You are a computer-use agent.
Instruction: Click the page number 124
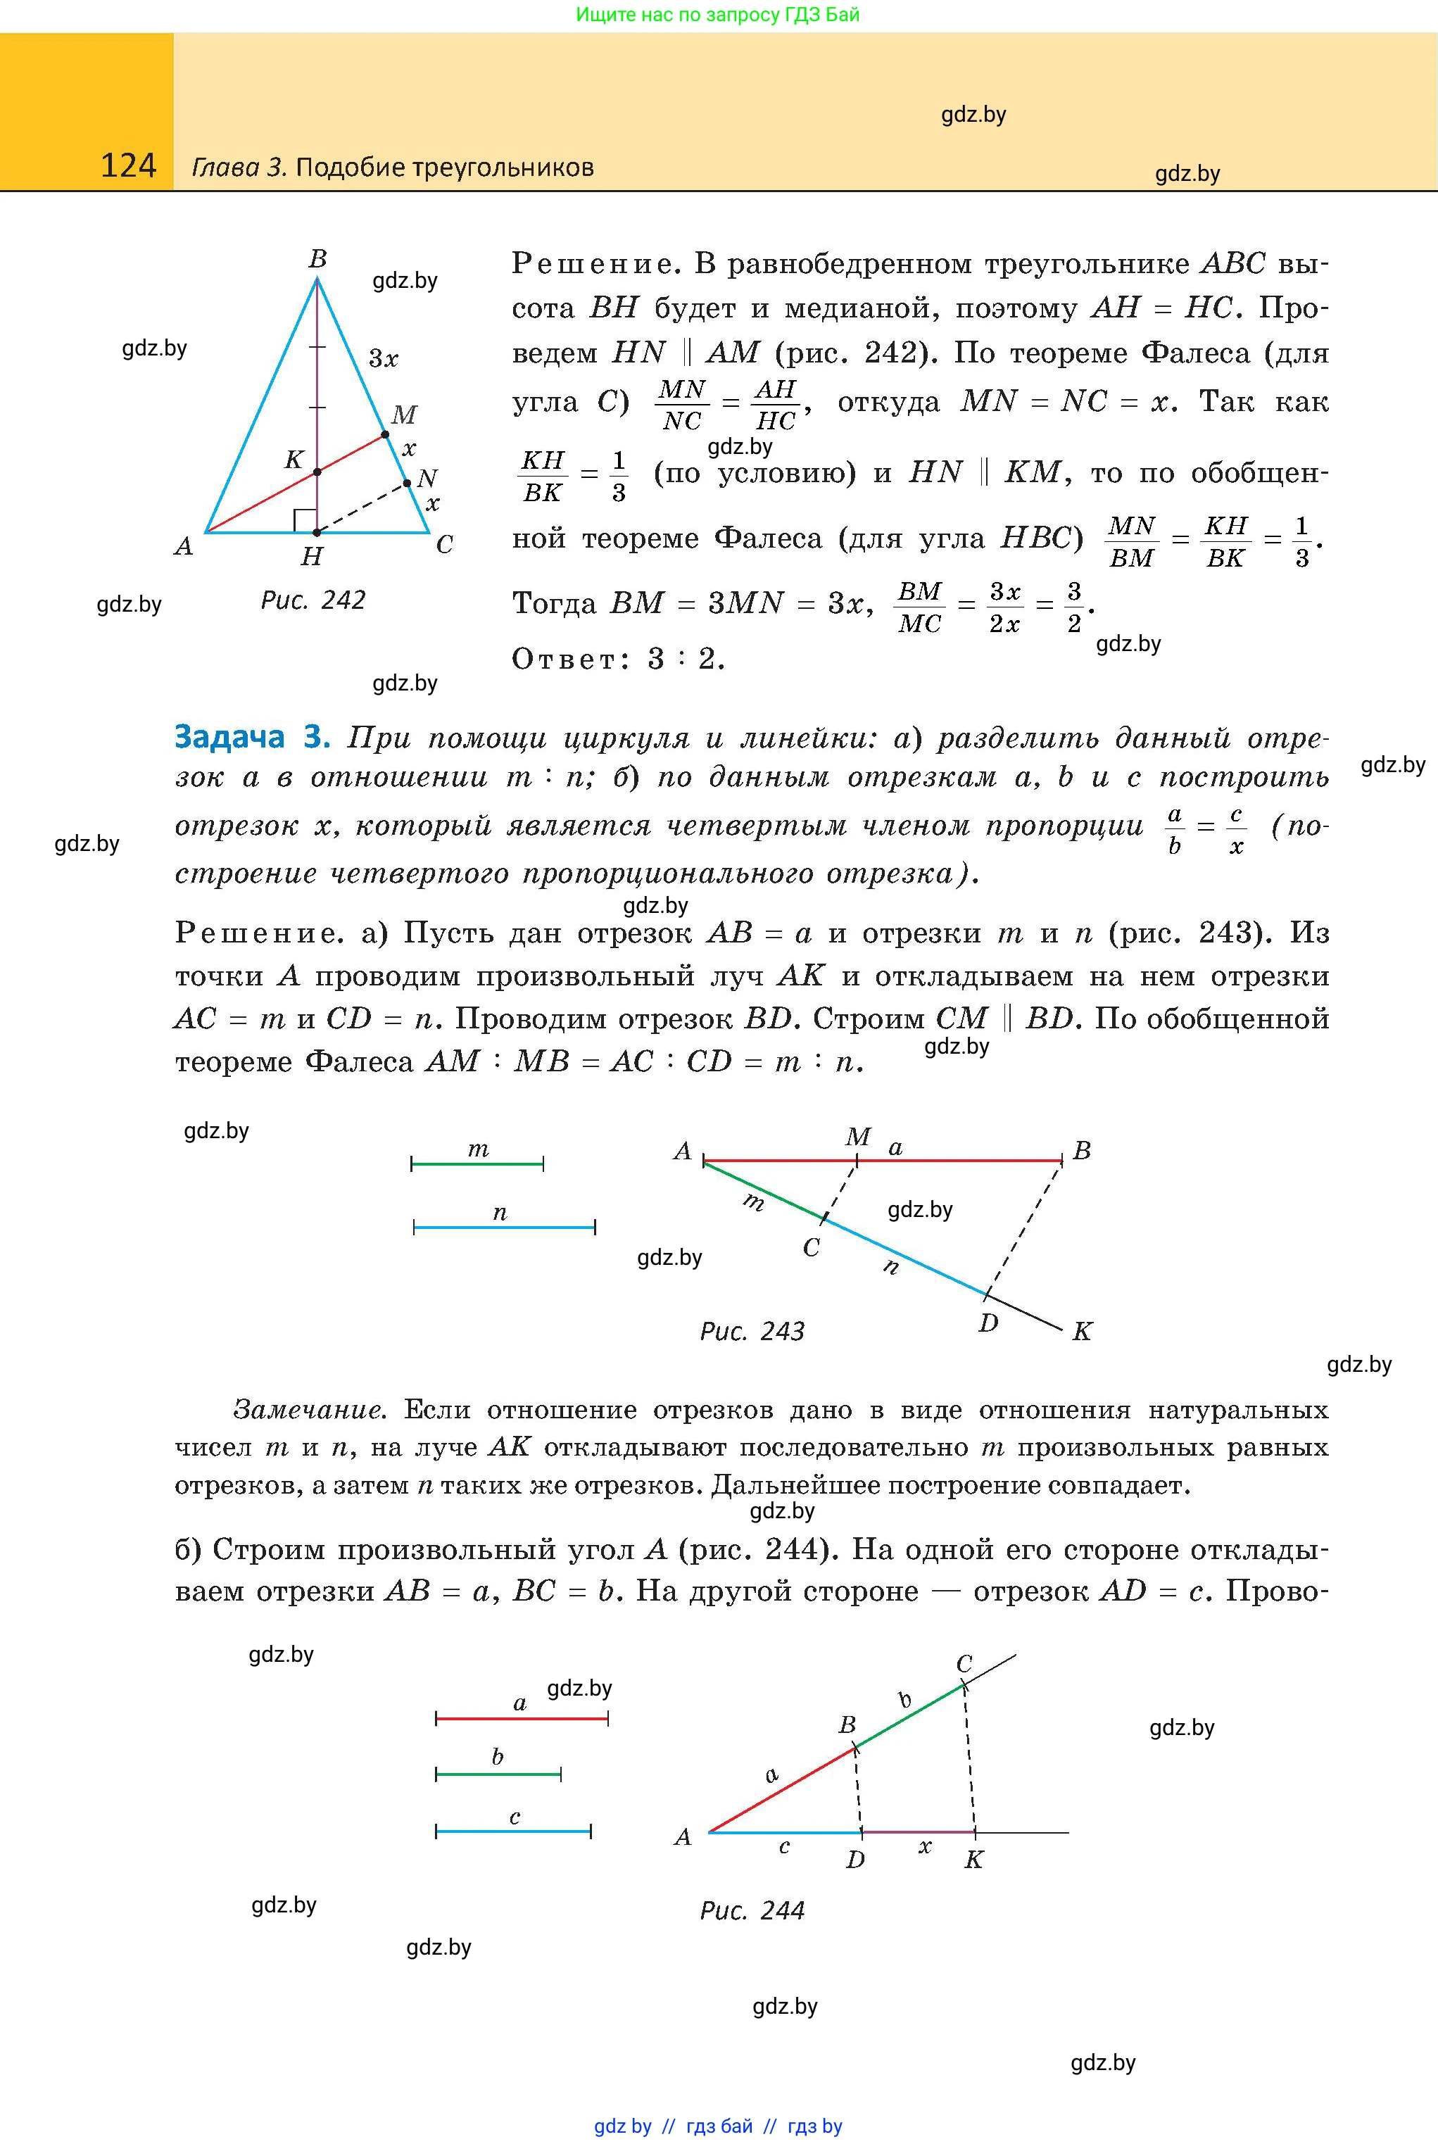click(x=128, y=166)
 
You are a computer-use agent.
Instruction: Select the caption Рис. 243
click(x=752, y=1330)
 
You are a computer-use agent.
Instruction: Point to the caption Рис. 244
click(x=752, y=1910)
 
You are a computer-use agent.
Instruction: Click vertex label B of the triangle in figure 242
click(x=317, y=260)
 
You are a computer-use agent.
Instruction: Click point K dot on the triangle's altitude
click(x=317, y=472)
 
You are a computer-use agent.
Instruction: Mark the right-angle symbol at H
click(x=305, y=521)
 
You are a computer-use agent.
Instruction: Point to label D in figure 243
click(x=988, y=1323)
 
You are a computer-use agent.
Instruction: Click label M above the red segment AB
click(x=857, y=1137)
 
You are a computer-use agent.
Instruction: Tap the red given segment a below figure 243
click(x=521, y=1718)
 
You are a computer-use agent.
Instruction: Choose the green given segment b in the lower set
click(x=498, y=1774)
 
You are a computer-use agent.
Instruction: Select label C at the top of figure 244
click(x=964, y=1663)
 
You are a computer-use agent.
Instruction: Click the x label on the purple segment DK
click(x=924, y=1847)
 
